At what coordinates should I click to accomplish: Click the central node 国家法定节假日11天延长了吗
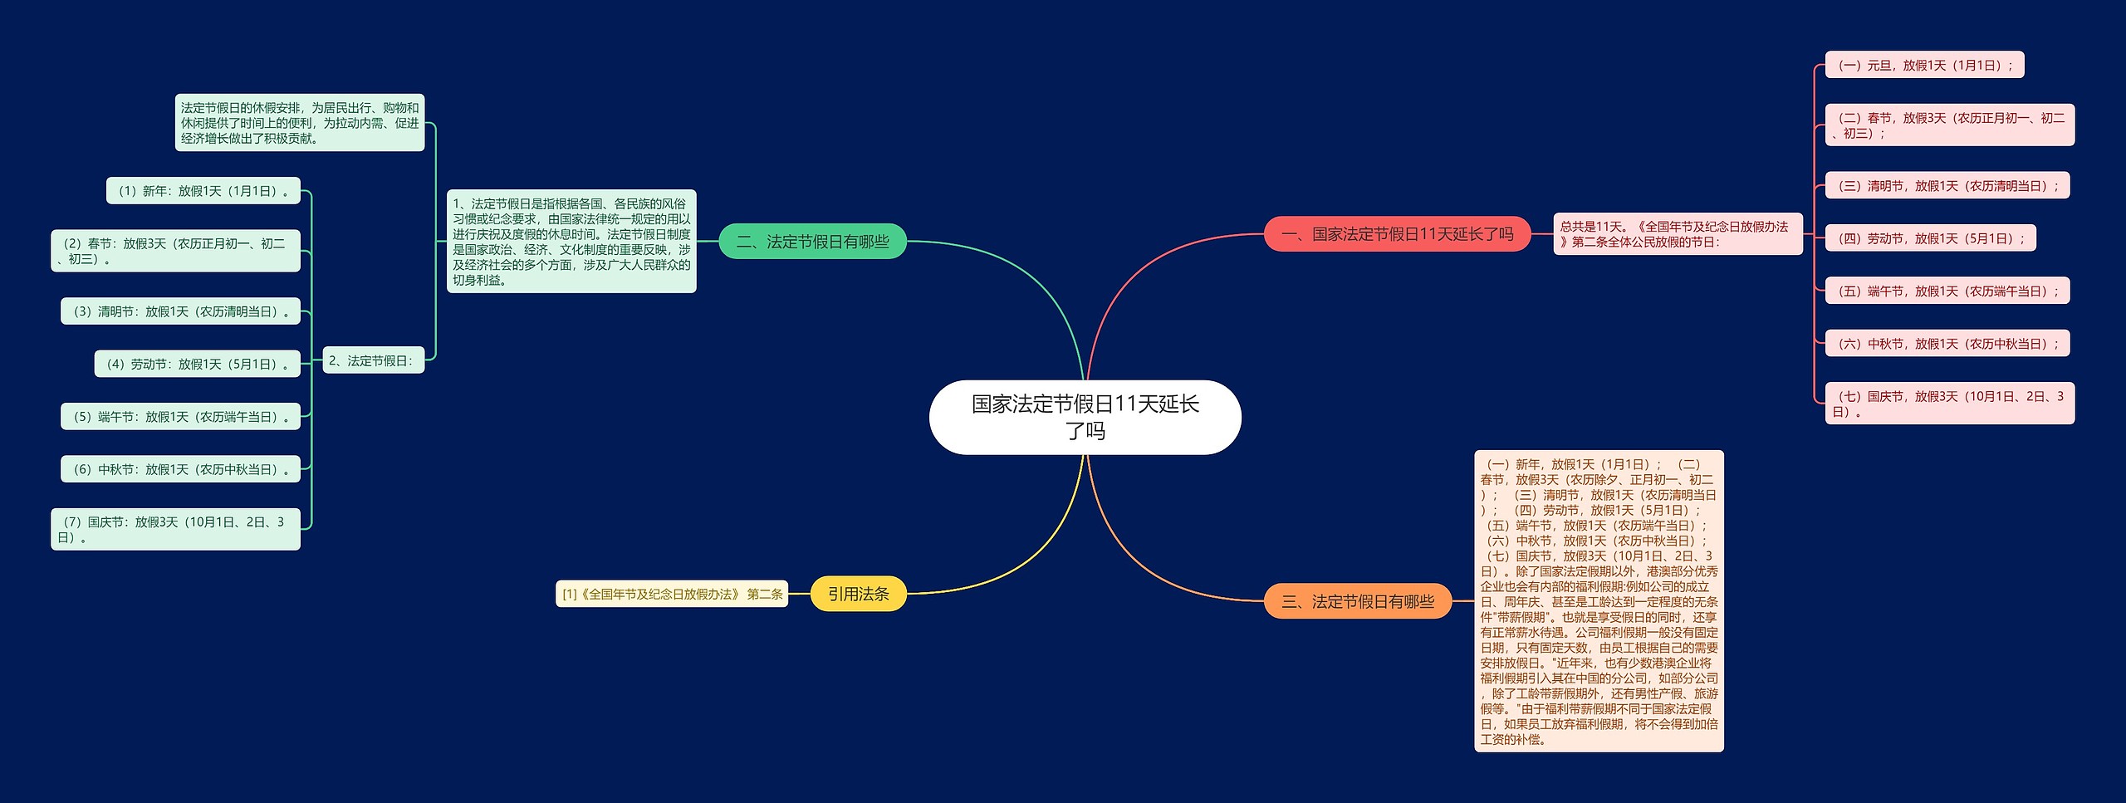tap(1085, 417)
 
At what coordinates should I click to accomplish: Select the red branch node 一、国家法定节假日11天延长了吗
tap(1397, 234)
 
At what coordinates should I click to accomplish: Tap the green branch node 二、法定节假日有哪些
tap(812, 242)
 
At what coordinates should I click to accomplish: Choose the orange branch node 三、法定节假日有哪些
tap(1357, 601)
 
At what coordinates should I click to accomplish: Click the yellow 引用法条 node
tap(858, 594)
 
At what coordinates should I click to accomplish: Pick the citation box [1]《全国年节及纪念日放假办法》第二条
tap(672, 594)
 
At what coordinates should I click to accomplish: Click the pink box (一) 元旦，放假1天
tap(1924, 65)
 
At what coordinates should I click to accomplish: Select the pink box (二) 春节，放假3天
tap(1949, 125)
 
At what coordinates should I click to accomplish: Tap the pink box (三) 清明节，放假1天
tap(1947, 186)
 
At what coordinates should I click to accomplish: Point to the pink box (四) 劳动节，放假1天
tap(1930, 238)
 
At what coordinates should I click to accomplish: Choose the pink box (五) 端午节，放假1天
tap(1947, 291)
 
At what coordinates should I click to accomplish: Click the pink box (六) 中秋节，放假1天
tap(1947, 344)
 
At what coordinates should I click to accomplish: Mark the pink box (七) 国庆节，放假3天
tap(1949, 404)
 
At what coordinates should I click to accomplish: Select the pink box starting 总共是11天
tap(1678, 234)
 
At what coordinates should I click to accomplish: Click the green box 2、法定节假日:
tap(373, 360)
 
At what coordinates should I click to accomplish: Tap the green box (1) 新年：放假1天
tap(203, 191)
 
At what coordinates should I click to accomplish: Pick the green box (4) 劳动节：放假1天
tap(198, 364)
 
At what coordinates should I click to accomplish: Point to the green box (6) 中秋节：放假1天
tap(180, 469)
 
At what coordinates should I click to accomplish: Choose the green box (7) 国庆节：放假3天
tap(175, 529)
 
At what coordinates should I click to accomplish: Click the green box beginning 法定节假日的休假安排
tap(300, 123)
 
